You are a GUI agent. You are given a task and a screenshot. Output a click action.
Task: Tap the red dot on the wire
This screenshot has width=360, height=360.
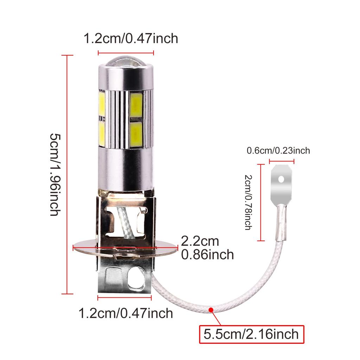211,310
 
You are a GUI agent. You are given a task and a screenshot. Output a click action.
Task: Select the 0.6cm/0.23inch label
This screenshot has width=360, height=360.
278,151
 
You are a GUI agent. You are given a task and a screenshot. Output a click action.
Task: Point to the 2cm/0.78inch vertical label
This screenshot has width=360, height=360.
248,203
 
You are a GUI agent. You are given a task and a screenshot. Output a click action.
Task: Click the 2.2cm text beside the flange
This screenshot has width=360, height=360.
200,241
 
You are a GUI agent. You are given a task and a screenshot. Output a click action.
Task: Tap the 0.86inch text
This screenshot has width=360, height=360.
207,254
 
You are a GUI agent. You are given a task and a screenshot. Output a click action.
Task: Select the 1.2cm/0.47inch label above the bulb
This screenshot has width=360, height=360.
130,38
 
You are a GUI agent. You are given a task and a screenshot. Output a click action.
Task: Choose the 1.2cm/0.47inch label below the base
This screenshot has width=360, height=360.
126,313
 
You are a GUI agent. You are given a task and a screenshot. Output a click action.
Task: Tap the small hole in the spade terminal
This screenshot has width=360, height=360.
281,179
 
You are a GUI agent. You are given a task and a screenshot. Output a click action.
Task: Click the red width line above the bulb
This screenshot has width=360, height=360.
126,53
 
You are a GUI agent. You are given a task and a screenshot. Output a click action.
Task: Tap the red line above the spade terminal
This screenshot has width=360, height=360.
281,162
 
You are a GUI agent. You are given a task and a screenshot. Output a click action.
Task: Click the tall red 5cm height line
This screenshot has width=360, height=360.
67,174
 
